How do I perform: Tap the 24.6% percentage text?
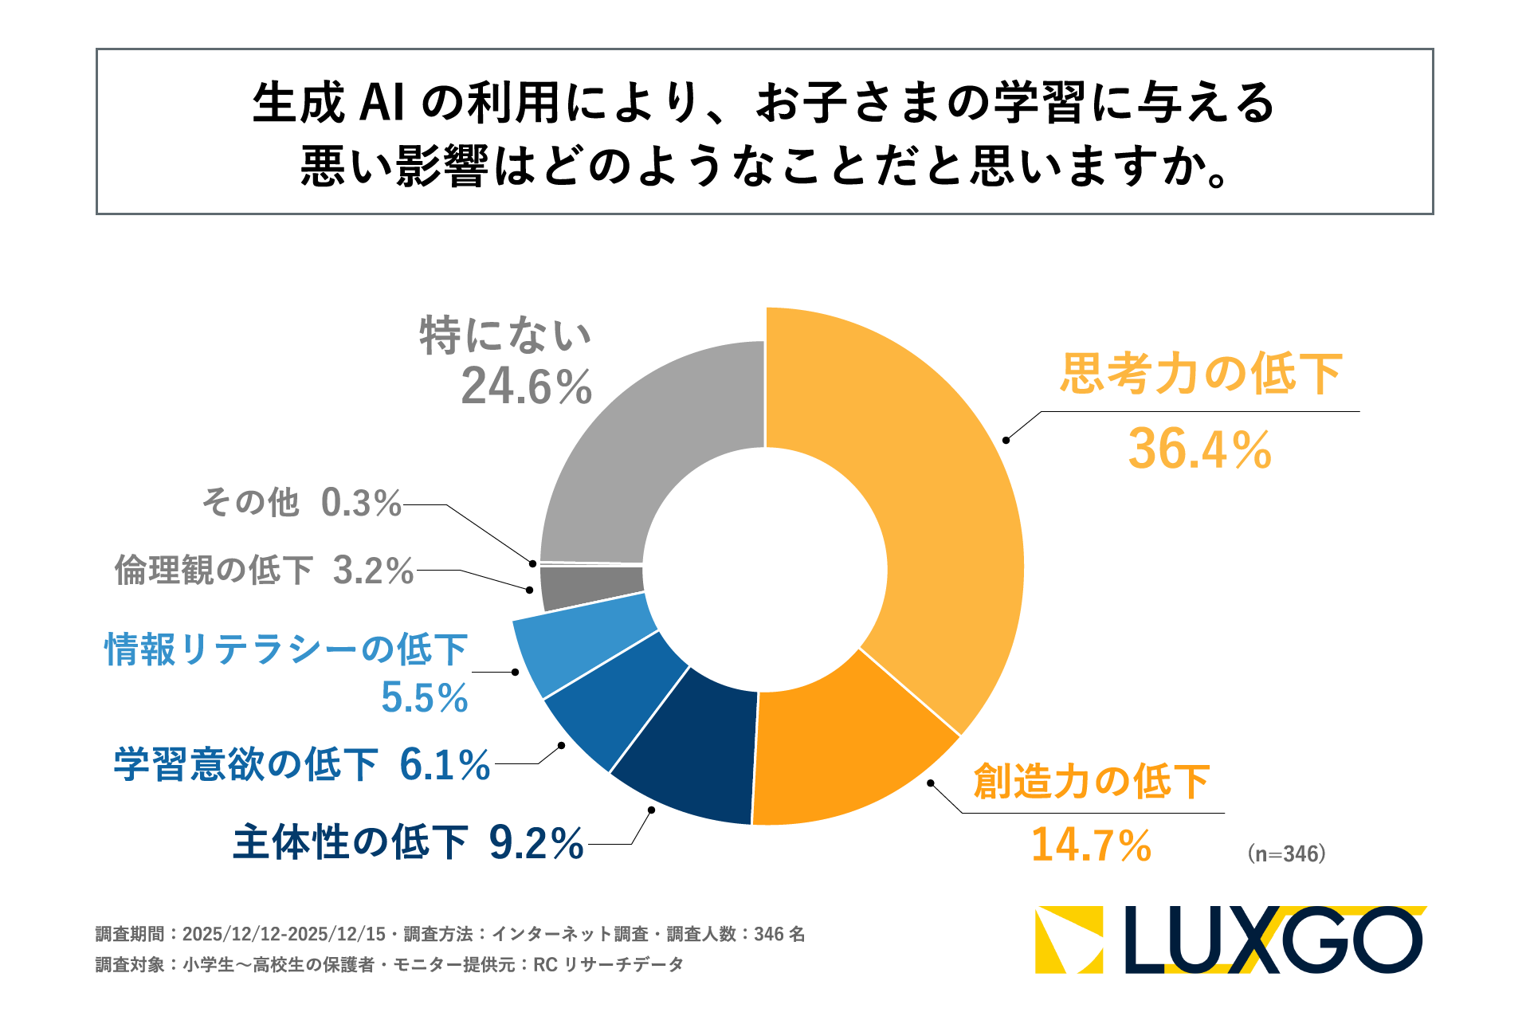[x=526, y=387]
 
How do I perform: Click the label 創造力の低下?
[x=1092, y=781]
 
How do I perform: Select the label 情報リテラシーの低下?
[x=285, y=649]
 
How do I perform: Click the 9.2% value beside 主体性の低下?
[x=535, y=843]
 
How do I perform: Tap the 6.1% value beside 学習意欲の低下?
[x=445, y=765]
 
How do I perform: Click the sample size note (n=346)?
[x=1286, y=853]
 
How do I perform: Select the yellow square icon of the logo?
[x=1069, y=940]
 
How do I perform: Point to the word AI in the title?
[x=382, y=103]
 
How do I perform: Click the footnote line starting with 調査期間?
[x=450, y=934]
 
